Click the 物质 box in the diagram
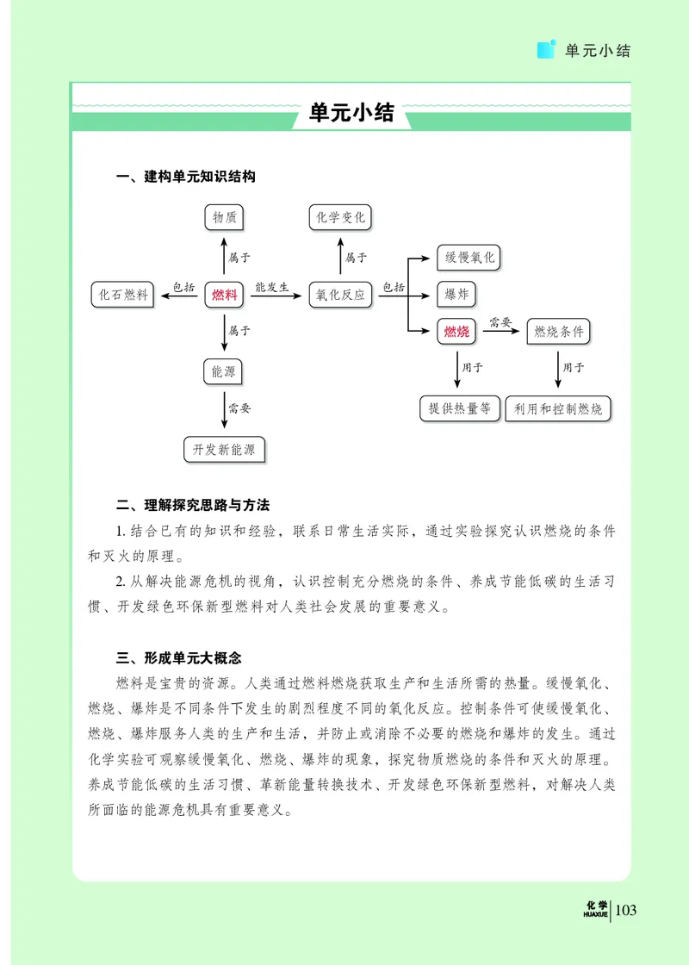click(x=225, y=217)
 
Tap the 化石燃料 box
click(x=125, y=295)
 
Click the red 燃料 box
click(x=225, y=295)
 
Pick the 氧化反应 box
click(x=340, y=295)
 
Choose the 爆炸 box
click(x=456, y=295)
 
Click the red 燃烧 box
click(x=456, y=332)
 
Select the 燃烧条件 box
click(x=558, y=332)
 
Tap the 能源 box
click(x=224, y=372)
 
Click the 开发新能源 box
click(x=224, y=449)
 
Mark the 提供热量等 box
click(x=460, y=408)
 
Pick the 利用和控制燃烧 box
click(x=557, y=408)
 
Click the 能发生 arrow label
click(x=271, y=287)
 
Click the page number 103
click(x=626, y=909)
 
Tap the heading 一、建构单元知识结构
click(x=186, y=177)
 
